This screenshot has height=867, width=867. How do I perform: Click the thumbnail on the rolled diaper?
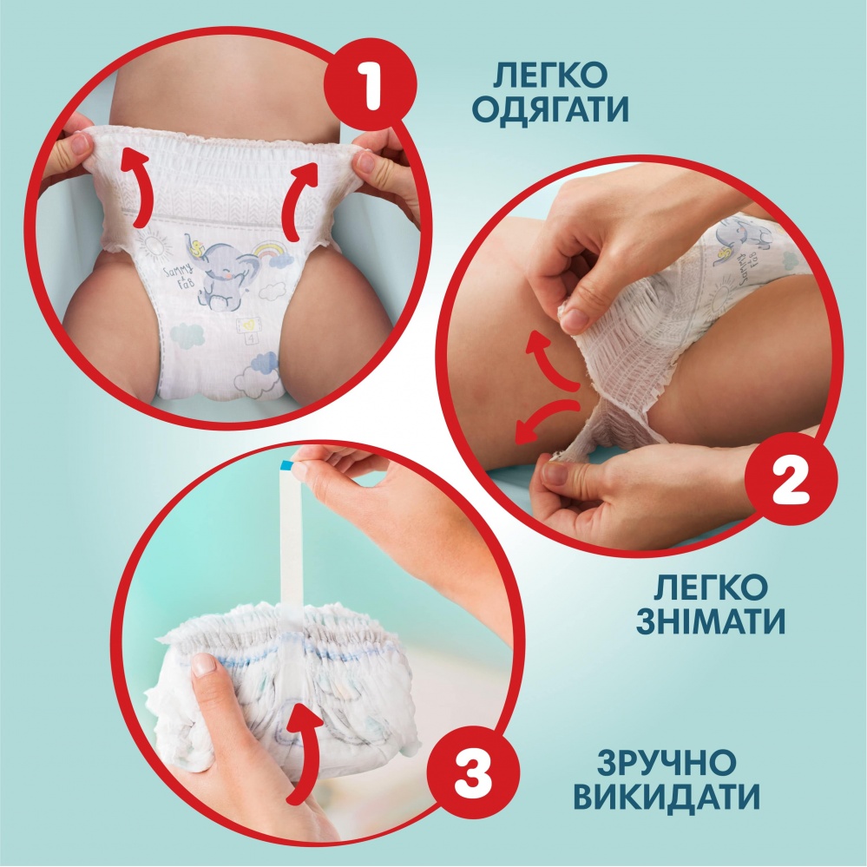[204, 667]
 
